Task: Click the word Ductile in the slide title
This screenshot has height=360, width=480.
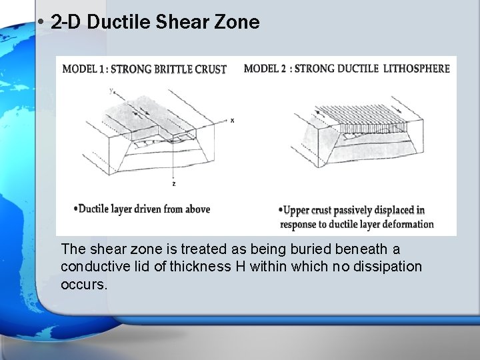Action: [x=110, y=23]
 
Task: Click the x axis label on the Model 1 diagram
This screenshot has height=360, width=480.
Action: [x=232, y=121]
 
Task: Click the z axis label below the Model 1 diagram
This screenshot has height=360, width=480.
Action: [x=174, y=183]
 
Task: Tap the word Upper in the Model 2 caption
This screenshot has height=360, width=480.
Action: [x=297, y=211]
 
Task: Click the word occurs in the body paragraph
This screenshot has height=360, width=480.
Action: [x=83, y=284]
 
